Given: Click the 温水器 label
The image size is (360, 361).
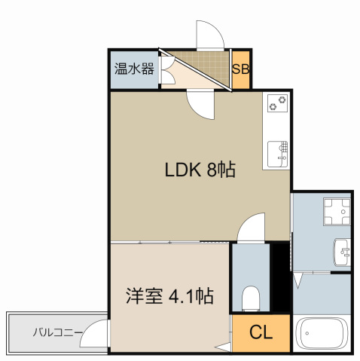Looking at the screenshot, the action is point(134,69).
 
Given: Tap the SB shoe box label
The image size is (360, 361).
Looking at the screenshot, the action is point(240,69).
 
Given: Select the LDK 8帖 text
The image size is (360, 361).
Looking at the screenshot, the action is point(200,170).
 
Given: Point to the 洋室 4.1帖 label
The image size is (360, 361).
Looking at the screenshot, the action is point(169,296).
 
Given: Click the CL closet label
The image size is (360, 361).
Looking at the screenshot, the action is point(261,332).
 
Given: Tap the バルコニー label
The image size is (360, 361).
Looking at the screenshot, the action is point(58,332).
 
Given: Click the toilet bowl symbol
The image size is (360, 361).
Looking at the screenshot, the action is point(251,298).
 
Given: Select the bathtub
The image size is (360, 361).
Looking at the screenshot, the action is point(322,334).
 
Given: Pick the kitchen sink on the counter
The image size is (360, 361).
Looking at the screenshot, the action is point(277,154).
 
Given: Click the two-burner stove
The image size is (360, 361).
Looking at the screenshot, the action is point(277,103).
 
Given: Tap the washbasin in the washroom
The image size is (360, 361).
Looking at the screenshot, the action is point(342,252).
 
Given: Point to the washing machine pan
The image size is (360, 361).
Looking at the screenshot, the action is point(337,212).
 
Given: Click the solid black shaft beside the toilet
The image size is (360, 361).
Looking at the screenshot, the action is point(281,278).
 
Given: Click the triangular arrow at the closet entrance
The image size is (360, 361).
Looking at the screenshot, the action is point(223,347).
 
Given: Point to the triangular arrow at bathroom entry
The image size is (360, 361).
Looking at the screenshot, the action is point(297,280).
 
